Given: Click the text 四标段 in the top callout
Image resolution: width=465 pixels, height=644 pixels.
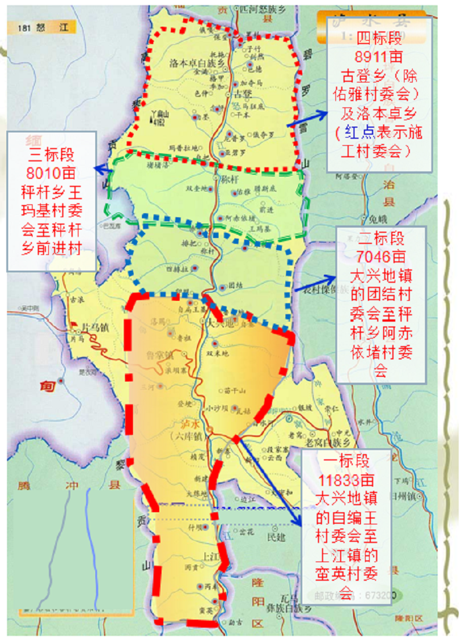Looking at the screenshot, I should click(379, 39).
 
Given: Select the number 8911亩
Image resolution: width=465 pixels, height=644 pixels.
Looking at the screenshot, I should click(379, 57).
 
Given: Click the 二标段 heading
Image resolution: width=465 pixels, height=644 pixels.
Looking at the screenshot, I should click(381, 238).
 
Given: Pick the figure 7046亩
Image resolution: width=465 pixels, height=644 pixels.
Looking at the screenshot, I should click(381, 256).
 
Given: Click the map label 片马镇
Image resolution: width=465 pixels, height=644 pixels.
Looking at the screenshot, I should click(94, 328).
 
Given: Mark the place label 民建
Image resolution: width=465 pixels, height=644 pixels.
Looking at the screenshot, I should click(276, 538).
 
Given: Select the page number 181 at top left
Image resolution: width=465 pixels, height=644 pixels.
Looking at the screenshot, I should click(23, 27).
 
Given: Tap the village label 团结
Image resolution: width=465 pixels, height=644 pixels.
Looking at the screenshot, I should click(235, 286).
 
